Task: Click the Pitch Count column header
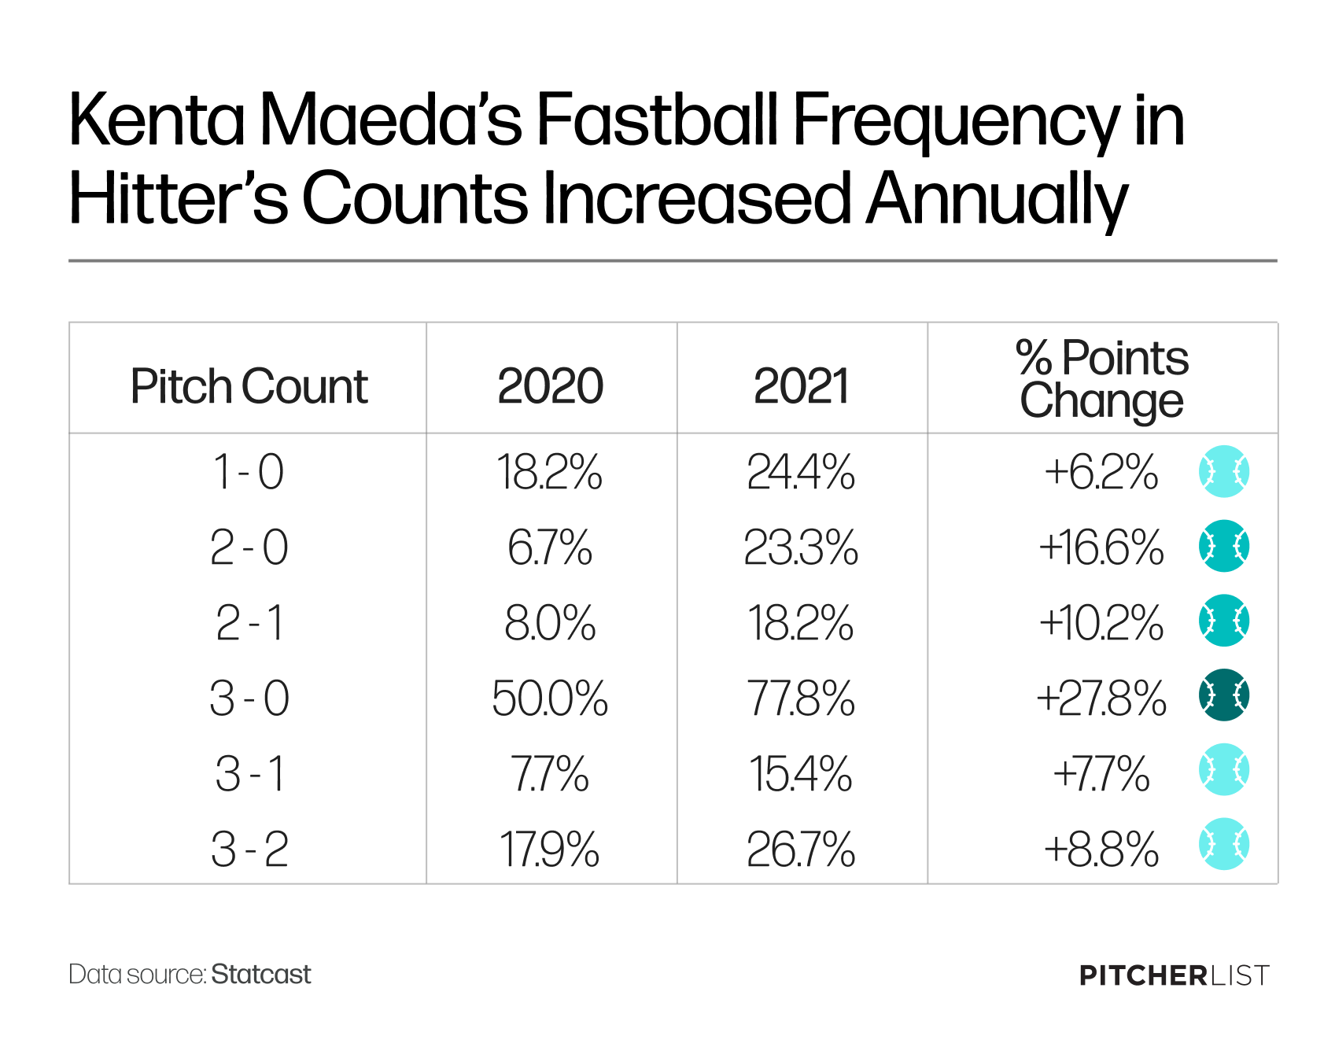[x=249, y=387]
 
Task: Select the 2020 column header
[x=550, y=386]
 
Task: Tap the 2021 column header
[x=801, y=386]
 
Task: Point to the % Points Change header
[x=1101, y=379]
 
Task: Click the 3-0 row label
[x=249, y=698]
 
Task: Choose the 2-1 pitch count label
[x=249, y=623]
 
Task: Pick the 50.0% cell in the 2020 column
[x=550, y=698]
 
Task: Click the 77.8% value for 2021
[x=801, y=698]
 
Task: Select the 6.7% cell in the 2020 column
[x=550, y=547]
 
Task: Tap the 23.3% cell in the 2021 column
[x=801, y=547]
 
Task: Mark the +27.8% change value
[x=1101, y=698]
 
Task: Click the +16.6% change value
[x=1101, y=547]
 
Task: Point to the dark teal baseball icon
[x=1224, y=695]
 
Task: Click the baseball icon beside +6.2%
[x=1224, y=471]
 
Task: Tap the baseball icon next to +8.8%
[x=1224, y=844]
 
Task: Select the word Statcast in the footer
[x=261, y=975]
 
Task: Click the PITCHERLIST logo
[x=1175, y=975]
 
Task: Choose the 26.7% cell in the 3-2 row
[x=801, y=850]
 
